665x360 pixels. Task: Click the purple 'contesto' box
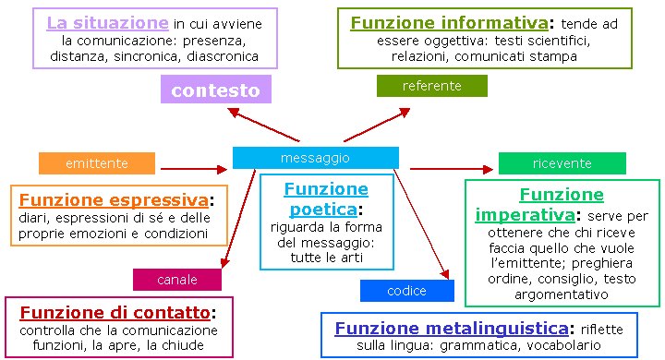tap(215, 90)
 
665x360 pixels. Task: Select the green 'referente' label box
tap(431, 86)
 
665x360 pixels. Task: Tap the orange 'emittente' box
tap(96, 163)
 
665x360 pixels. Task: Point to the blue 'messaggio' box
tap(315, 158)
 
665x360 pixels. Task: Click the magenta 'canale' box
tap(177, 279)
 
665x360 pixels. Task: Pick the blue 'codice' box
tap(406, 291)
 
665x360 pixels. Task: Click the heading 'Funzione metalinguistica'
tap(451, 328)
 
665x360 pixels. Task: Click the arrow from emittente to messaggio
tap(193, 169)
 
